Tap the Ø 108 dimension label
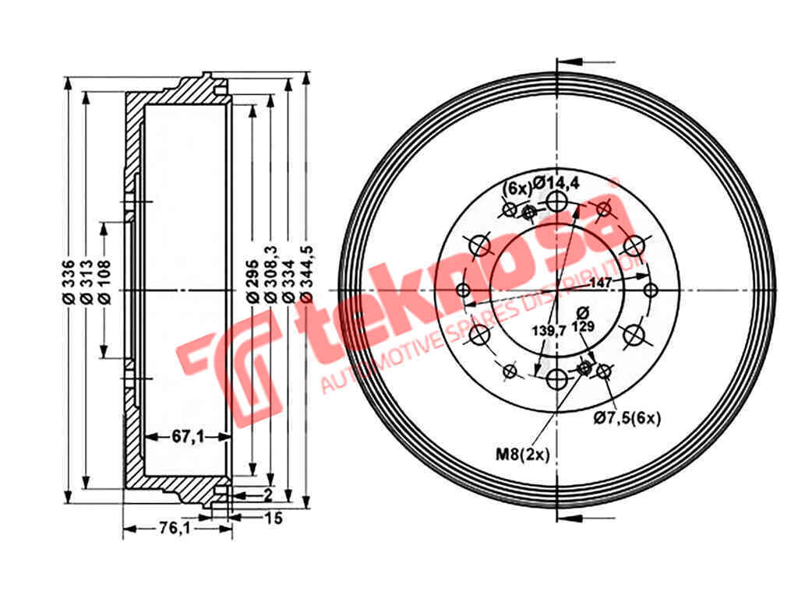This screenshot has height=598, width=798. pos(105,283)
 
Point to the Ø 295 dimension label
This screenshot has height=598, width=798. pos(252,283)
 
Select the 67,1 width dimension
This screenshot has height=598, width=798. pos(187,436)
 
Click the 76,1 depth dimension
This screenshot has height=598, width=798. pos(175,529)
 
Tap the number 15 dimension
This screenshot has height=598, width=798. pos(274,518)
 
